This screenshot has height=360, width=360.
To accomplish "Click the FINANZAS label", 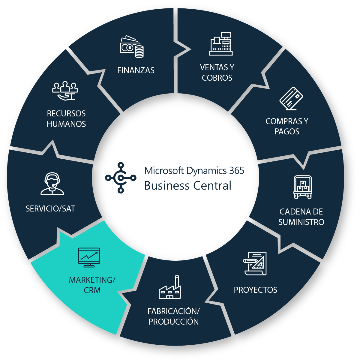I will tap(136, 70).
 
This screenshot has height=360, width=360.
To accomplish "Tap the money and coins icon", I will tap(132, 47).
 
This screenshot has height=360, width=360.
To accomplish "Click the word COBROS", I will tap(217, 78).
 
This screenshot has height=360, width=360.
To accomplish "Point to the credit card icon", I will tap(291, 98).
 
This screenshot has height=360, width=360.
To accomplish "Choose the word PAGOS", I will tap(287, 132).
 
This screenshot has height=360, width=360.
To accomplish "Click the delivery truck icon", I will tap(302, 187).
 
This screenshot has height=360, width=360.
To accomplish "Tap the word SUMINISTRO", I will tap(301, 222).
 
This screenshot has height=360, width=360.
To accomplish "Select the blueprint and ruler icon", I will tap(255, 263).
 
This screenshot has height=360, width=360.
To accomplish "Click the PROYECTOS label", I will tap(255, 290).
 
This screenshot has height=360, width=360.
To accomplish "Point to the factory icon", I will tap(170, 288).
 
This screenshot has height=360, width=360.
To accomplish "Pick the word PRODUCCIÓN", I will tap(174, 322).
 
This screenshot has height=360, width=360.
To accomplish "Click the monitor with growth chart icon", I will tap(89, 257).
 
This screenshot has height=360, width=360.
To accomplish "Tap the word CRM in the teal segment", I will tap(92, 290).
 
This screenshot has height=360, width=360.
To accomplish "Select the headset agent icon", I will tap(52, 184).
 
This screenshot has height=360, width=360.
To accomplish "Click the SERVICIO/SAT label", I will tap(50, 209).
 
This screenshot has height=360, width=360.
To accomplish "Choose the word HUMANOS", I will tap(66, 124).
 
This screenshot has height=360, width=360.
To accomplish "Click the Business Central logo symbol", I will tap(121, 178).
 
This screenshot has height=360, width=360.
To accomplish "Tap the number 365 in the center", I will tap(236, 171).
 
